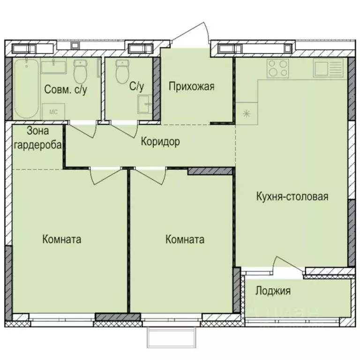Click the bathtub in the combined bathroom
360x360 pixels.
coord(26,89)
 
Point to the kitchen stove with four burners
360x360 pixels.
coord(277,69)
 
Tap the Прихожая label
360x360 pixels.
coord(191,86)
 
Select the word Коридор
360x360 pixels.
coord(160,142)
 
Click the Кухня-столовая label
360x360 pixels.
coord(291,196)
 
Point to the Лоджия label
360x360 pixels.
coord(273,291)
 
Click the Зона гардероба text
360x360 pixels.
coord(38,138)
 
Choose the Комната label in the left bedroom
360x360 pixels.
coord(61,240)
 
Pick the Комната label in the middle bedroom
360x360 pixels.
coord(185,240)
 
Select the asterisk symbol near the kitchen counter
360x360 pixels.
coord(245,113)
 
